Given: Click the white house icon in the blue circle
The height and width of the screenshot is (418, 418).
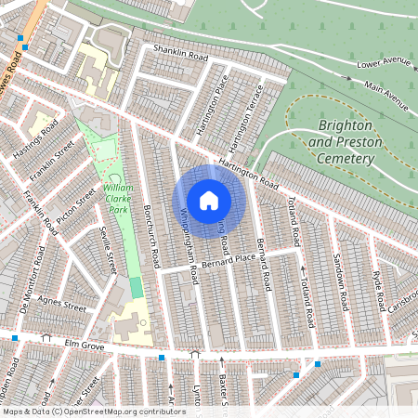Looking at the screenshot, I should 209,201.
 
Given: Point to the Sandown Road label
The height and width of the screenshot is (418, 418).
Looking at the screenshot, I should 340,284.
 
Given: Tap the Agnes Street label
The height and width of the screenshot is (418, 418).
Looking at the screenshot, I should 61,305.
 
